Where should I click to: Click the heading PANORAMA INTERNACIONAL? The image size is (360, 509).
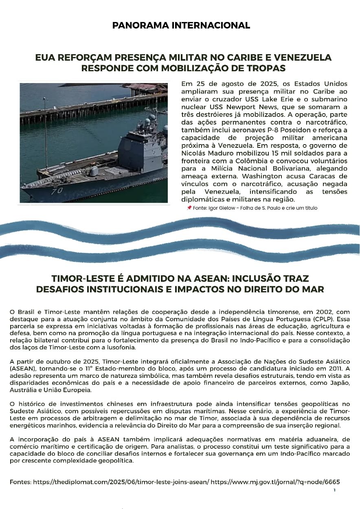tap(181, 25)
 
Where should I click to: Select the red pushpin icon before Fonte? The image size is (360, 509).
tap(189, 208)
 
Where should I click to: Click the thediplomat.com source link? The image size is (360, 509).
tap(121, 482)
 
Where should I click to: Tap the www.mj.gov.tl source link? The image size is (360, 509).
tap(275, 482)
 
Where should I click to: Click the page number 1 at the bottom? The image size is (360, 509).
tap(334, 490)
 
